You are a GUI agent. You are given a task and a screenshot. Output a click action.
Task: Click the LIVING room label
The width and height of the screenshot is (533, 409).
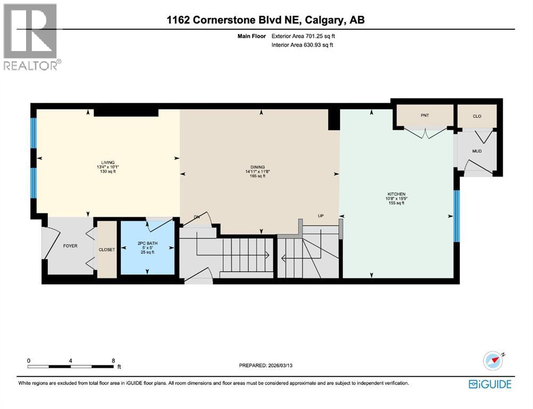[108, 163]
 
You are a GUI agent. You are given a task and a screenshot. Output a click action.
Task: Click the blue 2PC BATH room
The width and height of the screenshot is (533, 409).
[147, 248]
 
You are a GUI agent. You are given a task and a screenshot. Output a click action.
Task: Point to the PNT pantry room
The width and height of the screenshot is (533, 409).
[424, 116]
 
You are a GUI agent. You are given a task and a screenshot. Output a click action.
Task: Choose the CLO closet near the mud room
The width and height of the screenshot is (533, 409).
[477, 116]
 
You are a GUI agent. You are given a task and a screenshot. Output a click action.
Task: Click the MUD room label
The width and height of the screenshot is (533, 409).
[477, 151]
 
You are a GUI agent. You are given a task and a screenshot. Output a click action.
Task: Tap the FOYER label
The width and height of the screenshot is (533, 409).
[70, 246]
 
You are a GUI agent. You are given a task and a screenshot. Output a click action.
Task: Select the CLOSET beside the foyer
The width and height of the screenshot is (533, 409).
[107, 249]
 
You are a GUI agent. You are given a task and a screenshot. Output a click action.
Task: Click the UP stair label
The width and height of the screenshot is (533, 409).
[321, 216]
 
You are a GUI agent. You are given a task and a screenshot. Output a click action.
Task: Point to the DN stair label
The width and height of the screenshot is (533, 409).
[196, 217]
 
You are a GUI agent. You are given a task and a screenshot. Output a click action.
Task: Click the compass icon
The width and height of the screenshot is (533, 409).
[493, 361]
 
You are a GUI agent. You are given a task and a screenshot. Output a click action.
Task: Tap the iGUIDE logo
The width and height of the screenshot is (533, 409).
[490, 384]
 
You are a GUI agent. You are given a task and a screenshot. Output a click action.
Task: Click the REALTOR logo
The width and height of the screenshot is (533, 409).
[31, 37]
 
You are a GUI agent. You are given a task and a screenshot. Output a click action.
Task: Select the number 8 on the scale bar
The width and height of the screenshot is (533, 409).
[113, 360]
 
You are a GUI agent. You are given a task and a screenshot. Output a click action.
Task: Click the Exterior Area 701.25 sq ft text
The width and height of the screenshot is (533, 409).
[303, 36]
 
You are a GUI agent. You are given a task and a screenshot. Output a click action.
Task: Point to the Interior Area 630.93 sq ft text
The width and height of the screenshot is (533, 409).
[302, 45]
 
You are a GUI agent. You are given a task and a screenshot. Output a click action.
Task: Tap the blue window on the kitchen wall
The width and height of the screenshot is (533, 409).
[456, 216]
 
